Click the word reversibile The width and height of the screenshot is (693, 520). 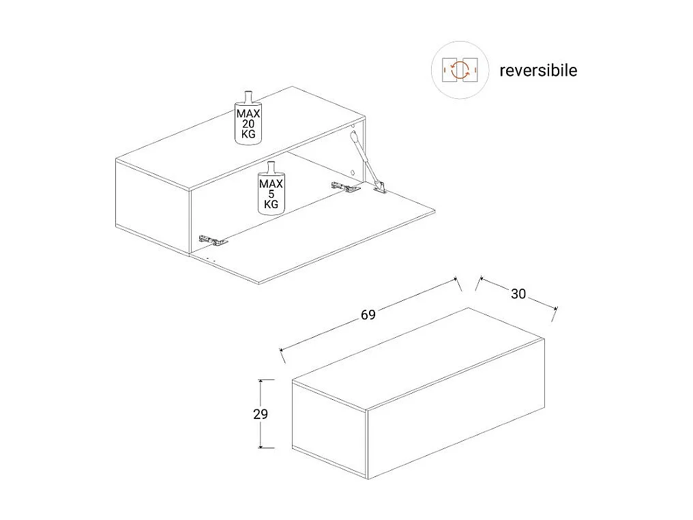coord(538,70)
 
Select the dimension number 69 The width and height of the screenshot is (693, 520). coord(368,315)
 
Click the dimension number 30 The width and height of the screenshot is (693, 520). coord(518,294)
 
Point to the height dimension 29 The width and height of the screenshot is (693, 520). coord(261,414)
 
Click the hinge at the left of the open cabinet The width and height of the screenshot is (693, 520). coord(212,240)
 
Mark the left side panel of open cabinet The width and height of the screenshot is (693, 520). coord(151,201)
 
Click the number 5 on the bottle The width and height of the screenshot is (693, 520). coord(271,194)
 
